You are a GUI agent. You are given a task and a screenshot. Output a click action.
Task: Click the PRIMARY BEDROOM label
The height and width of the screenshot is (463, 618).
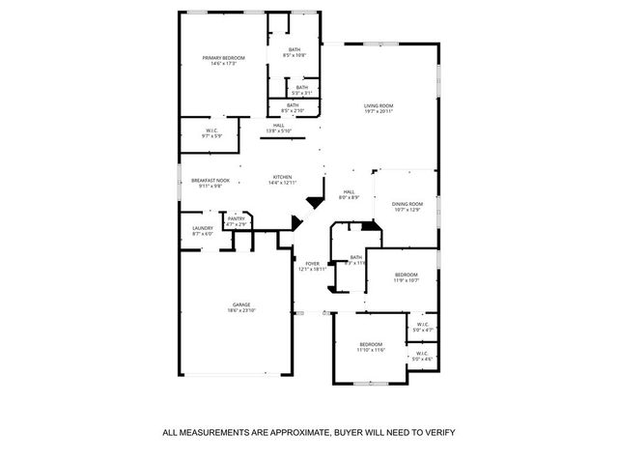click(223, 58)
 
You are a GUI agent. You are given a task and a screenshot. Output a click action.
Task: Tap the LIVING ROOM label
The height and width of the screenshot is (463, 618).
click(379, 105)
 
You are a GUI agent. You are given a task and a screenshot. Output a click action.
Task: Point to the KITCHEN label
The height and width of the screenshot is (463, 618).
click(282, 176)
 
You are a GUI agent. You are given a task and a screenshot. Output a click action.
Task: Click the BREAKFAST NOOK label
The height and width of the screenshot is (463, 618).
click(210, 180)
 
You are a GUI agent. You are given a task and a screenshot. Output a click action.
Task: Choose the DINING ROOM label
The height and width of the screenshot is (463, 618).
click(407, 203)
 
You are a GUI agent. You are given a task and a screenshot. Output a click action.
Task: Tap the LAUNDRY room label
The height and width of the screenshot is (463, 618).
click(203, 228)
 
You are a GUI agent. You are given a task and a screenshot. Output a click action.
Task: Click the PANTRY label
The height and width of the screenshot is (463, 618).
click(237, 218)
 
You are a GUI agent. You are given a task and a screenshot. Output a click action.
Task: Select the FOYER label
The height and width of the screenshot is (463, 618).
click(312, 263)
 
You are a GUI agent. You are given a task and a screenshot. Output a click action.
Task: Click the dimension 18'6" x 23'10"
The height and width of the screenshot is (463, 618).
click(240, 310)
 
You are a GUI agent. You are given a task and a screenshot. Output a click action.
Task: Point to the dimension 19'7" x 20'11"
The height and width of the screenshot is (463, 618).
click(379, 112)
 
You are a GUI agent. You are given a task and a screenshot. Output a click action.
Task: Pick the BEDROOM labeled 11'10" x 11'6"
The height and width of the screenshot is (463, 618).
click(372, 344)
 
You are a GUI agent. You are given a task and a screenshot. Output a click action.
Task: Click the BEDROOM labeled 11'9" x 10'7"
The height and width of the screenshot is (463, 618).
click(406, 275)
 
